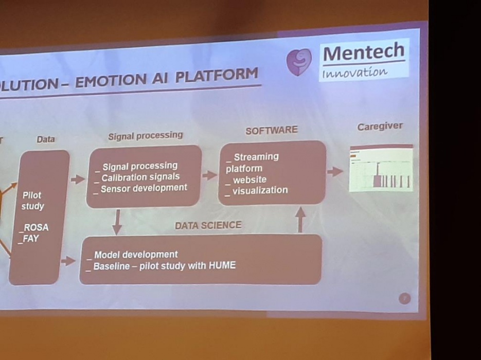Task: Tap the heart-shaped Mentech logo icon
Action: tap(299, 62)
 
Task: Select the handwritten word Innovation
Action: tap(355, 73)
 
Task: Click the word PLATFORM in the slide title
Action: tap(216, 76)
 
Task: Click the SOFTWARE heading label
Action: tap(271, 130)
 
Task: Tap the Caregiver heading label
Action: tap(380, 127)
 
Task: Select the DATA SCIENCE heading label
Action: tap(208, 225)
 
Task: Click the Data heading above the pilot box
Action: tap(46, 139)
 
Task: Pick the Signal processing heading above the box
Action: tap(145, 136)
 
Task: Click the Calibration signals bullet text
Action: tap(140, 177)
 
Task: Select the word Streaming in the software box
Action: tap(256, 156)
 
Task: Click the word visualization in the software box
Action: tap(260, 190)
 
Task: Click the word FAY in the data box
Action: tap(31, 239)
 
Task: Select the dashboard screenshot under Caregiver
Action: tap(381, 168)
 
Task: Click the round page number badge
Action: tap(404, 298)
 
